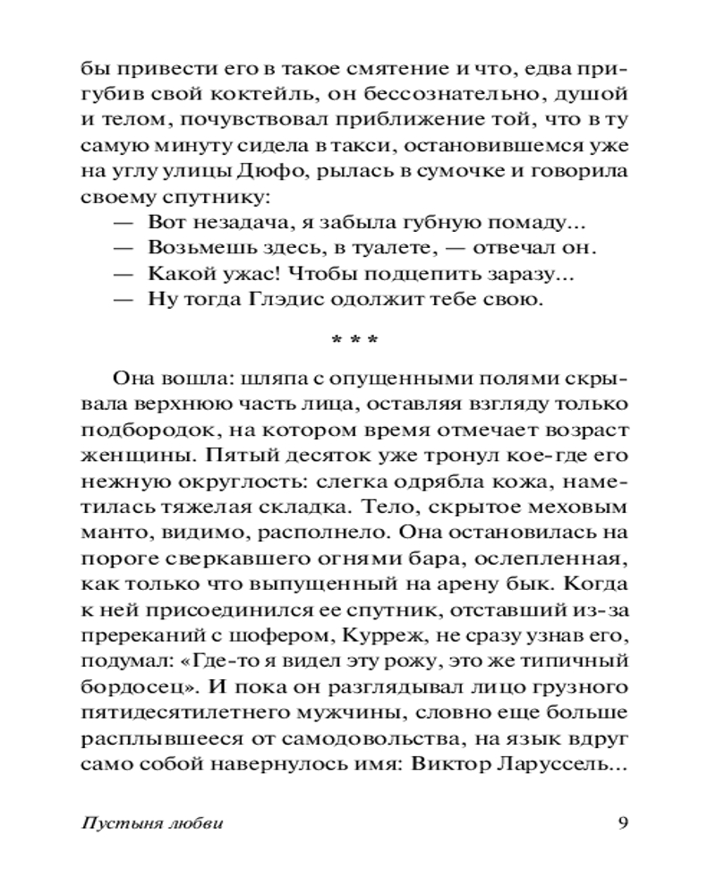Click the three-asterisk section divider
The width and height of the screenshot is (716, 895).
pos(355,341)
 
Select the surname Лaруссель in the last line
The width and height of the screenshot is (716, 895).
pos(573,766)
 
